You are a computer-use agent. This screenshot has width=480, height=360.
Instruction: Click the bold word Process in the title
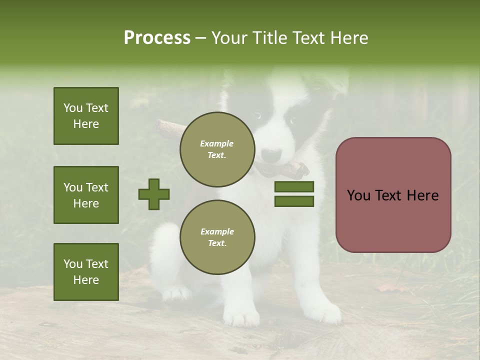[x=157, y=38]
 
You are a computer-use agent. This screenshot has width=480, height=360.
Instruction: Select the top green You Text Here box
[x=86, y=116]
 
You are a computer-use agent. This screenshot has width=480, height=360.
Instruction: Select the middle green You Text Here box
[x=86, y=195]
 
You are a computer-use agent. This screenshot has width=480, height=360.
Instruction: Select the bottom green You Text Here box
[x=86, y=271]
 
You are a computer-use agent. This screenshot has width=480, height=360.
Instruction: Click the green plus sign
[x=154, y=194]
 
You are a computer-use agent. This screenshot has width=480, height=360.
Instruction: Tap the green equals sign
[x=294, y=194]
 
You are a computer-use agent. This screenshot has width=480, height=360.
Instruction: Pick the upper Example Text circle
[x=217, y=149]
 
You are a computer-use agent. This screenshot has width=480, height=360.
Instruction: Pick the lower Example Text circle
[x=217, y=237]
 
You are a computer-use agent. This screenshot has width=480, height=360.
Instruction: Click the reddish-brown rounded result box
[x=393, y=194]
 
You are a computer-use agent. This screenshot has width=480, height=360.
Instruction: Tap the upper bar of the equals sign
[x=294, y=187]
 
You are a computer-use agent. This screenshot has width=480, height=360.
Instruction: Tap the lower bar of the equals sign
[x=294, y=201]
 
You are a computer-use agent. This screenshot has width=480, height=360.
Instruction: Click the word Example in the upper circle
[x=216, y=143]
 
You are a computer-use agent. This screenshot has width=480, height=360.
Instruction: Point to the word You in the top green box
[x=72, y=108]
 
